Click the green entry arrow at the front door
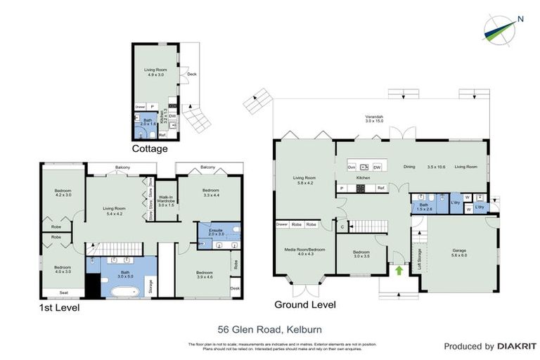(400, 270)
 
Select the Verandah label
(373, 118)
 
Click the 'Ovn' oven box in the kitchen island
(351, 167)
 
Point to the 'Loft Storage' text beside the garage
(420, 259)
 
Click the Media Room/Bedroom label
(305, 251)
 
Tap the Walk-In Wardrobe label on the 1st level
(166, 201)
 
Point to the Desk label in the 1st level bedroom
(235, 288)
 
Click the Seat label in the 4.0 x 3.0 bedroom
(63, 292)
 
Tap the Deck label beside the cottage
(191, 74)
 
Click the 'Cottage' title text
(150, 149)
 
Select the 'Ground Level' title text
(305, 304)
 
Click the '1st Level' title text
(59, 307)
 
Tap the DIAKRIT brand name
(517, 347)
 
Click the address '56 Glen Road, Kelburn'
(269, 328)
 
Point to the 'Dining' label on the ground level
(409, 167)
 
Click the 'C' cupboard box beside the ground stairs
(342, 226)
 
